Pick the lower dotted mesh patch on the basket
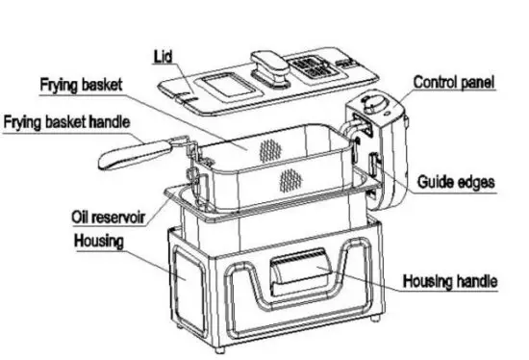(x=289, y=180)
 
